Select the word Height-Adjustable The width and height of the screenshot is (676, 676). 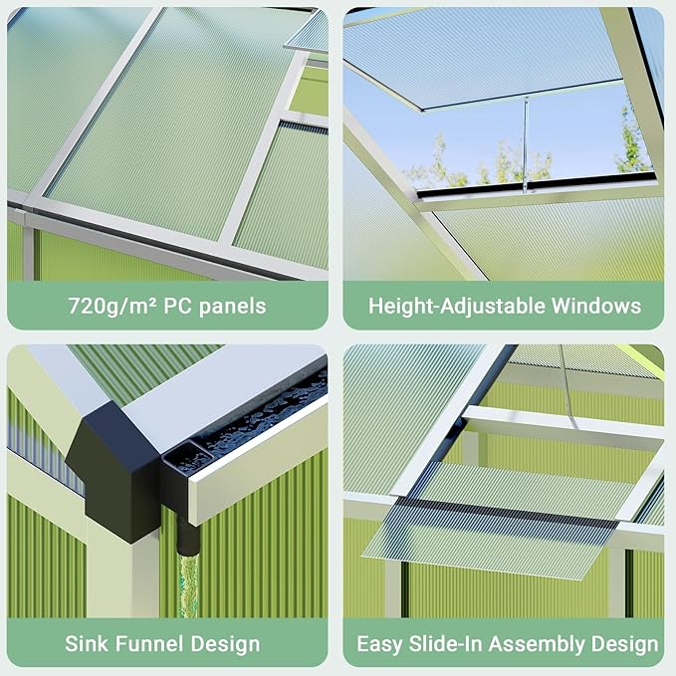(x=457, y=307)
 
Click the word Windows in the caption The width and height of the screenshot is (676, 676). (x=596, y=306)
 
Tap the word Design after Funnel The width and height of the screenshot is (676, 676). (x=225, y=644)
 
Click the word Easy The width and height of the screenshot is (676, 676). (x=380, y=644)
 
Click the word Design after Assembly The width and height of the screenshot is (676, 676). (x=624, y=644)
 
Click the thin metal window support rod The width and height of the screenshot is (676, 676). (x=525, y=144)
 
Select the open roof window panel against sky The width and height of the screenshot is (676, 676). (x=483, y=56)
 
